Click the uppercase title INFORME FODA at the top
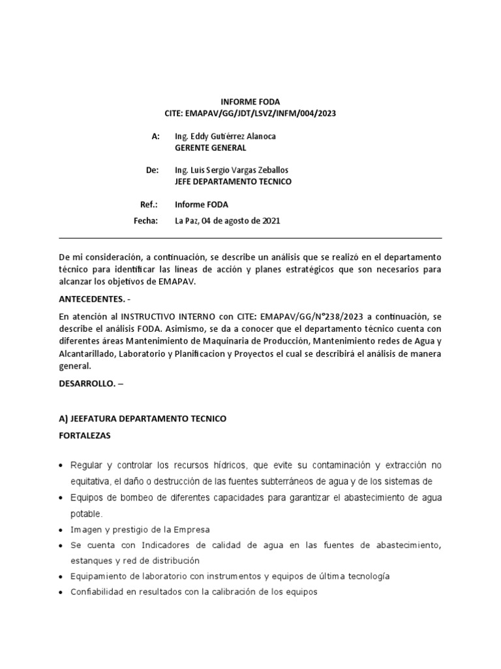tap(250, 102)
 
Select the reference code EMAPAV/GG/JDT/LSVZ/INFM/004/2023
tap(261, 113)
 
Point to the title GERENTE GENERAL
tap(210, 148)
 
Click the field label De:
tap(152, 170)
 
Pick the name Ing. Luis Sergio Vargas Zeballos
tap(232, 170)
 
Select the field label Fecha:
tap(146, 221)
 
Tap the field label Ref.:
tap(149, 204)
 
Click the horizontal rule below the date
tap(250, 238)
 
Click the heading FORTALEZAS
tap(85, 434)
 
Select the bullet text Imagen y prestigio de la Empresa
tap(140, 529)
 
